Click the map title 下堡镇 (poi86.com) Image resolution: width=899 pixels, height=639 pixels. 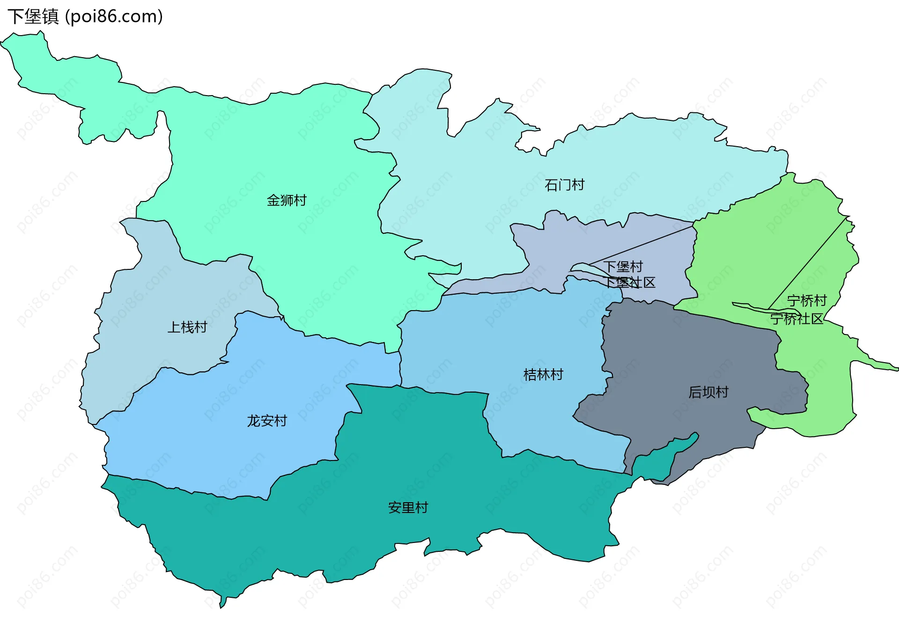(85, 17)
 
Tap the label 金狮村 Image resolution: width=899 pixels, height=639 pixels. (287, 201)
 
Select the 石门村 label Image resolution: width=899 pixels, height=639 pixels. (564, 185)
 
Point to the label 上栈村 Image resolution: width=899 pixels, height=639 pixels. (187, 327)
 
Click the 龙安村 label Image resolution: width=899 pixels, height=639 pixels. (267, 421)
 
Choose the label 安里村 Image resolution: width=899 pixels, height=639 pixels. (408, 507)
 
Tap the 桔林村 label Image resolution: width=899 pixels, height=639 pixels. (543, 375)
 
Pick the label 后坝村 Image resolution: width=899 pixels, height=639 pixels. (708, 392)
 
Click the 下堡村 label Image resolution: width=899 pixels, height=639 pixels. (623, 267)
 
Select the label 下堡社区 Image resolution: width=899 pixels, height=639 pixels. (629, 282)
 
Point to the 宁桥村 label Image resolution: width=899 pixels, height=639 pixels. (807, 300)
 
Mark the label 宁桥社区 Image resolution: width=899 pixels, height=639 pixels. (796, 319)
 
